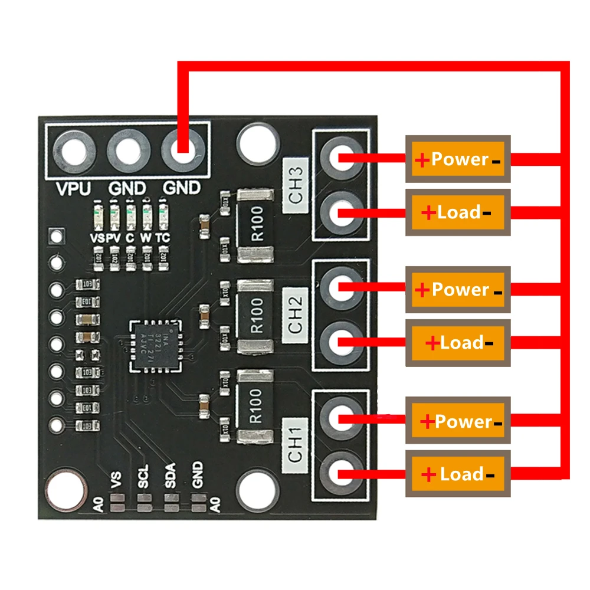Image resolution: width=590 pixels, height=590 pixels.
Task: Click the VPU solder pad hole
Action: (x=74, y=151)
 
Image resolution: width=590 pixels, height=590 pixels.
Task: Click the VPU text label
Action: (x=74, y=189)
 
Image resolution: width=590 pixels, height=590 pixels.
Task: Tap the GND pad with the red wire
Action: (x=182, y=151)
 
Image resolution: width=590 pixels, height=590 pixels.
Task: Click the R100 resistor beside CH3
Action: (x=255, y=225)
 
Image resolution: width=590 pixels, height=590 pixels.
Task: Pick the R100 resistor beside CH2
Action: (x=255, y=316)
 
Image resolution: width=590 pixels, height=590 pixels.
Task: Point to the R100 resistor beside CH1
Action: (x=255, y=406)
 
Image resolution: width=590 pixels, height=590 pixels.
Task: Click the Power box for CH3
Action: (x=458, y=159)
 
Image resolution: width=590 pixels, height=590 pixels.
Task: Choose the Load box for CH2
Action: (x=458, y=343)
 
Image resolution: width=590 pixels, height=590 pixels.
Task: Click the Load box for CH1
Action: (x=458, y=474)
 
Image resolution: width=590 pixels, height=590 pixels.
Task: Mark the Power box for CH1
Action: (x=458, y=421)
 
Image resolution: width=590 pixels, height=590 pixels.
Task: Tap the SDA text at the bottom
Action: (x=171, y=477)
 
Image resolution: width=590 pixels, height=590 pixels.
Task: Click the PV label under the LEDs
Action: (x=113, y=237)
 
